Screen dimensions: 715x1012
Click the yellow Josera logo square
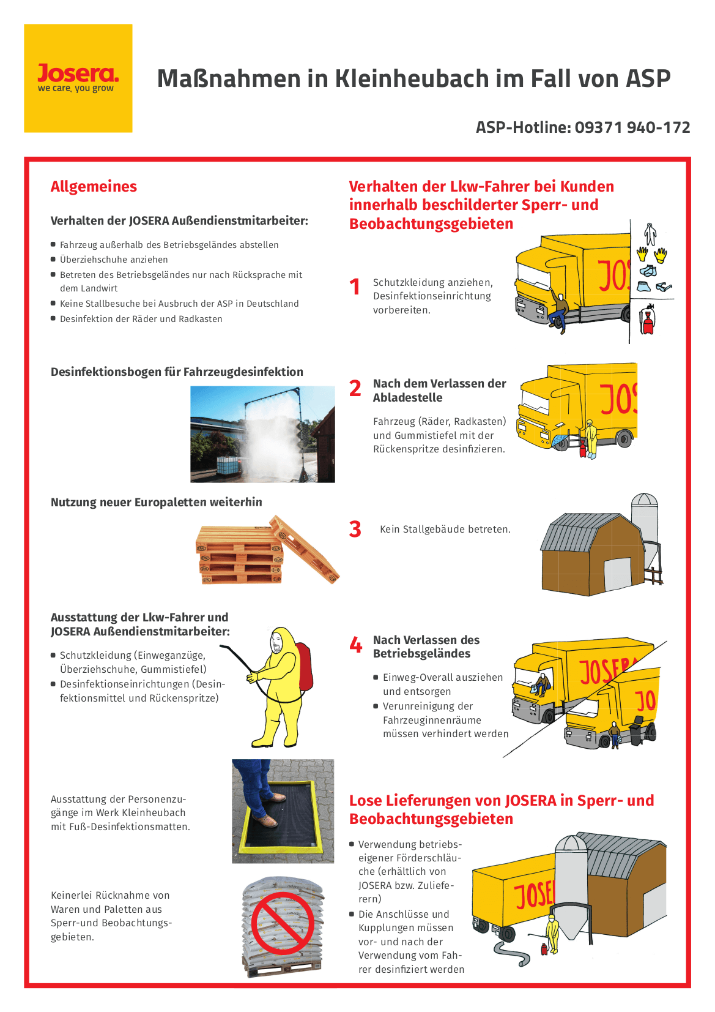click(78, 78)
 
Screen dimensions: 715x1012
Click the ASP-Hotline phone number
click(632, 127)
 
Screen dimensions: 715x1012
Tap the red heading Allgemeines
click(94, 187)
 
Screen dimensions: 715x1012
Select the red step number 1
click(355, 287)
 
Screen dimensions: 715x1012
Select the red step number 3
click(355, 529)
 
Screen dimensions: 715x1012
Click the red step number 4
click(356, 645)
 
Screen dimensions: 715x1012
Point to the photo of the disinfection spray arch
click(262, 434)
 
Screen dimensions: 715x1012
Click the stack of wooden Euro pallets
click(266, 550)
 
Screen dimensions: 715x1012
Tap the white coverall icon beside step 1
click(650, 234)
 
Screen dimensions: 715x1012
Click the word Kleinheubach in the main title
click(412, 78)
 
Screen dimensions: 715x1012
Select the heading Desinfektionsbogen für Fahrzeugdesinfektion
click(177, 372)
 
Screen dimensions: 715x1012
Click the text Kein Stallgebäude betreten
click(445, 529)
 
